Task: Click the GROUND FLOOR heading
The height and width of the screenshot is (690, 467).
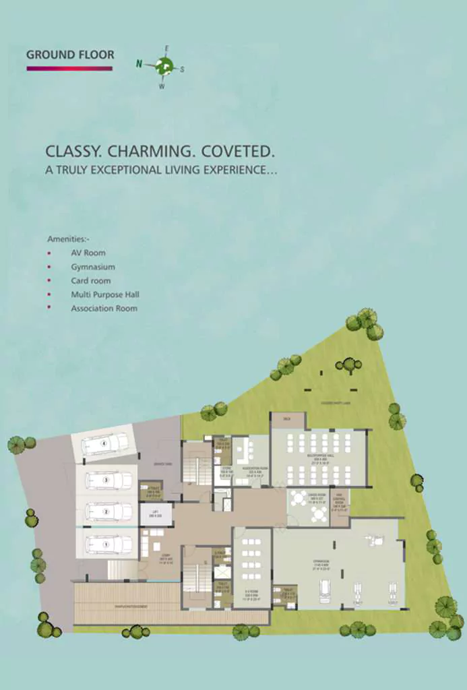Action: pyautogui.click(x=70, y=55)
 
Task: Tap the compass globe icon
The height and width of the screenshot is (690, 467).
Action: pyautogui.click(x=163, y=65)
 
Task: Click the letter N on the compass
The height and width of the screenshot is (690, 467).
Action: pyautogui.click(x=139, y=64)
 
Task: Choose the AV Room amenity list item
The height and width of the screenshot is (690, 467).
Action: pyautogui.click(x=88, y=253)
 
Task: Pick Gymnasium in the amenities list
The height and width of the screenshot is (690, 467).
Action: pyautogui.click(x=93, y=267)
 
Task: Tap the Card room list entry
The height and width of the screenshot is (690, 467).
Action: pyautogui.click(x=91, y=280)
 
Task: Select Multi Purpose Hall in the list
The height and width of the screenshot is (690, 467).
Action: pyautogui.click(x=105, y=294)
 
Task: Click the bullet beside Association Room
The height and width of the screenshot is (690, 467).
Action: pyautogui.click(x=49, y=308)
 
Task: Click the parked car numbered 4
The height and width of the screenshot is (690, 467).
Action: pyautogui.click(x=104, y=444)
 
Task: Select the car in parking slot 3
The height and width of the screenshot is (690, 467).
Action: pyautogui.click(x=108, y=480)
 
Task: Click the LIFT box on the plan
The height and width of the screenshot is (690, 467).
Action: pyautogui.click(x=156, y=515)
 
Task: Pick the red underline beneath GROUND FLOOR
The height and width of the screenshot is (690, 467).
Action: pyautogui.click(x=69, y=68)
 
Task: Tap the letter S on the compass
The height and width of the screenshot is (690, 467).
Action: pyautogui.click(x=182, y=69)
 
